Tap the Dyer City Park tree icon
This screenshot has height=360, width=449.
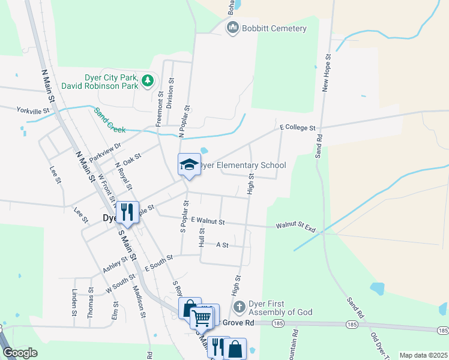148,81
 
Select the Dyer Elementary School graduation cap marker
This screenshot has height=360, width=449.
188,165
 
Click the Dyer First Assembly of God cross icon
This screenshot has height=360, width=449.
239,307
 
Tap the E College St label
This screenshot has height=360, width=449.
298,128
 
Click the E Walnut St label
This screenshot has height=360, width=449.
207,221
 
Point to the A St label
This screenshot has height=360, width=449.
222,245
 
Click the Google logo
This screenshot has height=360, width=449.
20,353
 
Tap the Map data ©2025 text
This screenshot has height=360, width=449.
423,355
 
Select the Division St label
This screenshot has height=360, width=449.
170,93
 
